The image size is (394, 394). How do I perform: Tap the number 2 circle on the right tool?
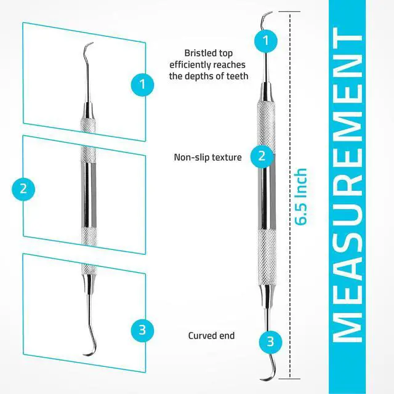(x=262, y=156)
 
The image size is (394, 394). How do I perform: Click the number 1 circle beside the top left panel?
(x=142, y=84)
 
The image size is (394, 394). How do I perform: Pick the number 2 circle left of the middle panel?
(x=23, y=188)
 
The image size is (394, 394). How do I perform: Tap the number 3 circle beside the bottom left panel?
(x=142, y=330)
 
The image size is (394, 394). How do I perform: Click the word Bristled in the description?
(x=200, y=53)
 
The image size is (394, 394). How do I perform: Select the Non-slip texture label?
(x=207, y=157)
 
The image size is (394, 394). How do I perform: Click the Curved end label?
(x=211, y=336)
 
